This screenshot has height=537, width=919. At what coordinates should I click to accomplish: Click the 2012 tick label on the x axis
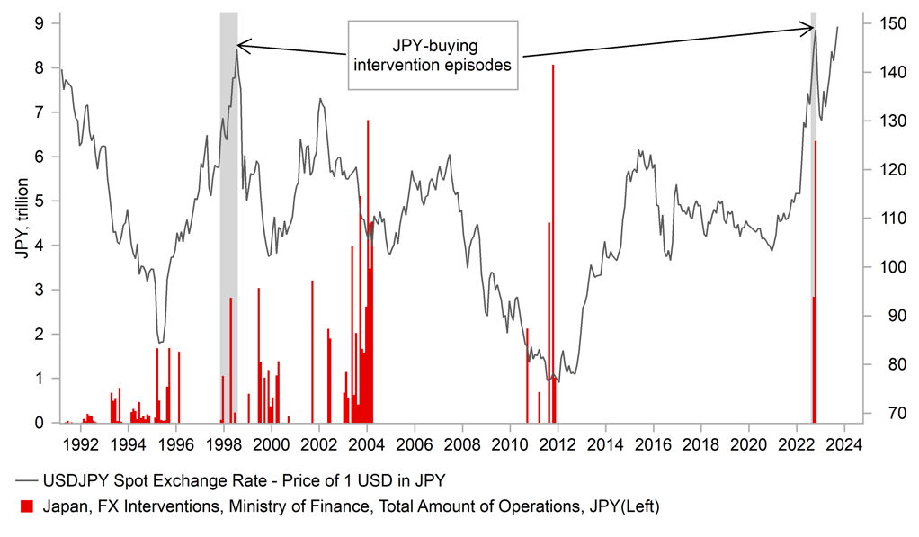coord(558,443)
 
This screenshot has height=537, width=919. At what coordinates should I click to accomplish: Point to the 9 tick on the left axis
coord(39,22)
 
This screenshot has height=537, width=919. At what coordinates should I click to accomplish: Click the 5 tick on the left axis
coord(39,201)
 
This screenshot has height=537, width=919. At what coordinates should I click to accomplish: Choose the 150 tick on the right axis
coord(884,22)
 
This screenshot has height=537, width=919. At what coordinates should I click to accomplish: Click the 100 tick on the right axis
coord(884,267)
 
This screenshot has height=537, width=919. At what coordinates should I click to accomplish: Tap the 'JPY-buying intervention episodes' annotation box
coord(433,55)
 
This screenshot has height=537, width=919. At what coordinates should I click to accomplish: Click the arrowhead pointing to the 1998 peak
coord(241,44)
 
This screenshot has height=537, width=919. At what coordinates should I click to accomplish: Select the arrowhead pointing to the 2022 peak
coord(809,29)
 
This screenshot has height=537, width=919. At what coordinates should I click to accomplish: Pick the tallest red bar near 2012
coord(553,243)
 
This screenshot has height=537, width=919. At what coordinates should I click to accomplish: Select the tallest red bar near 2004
coord(368,270)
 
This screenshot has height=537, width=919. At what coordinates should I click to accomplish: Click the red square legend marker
coord(26,507)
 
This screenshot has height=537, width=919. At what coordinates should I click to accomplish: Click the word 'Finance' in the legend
coord(331,507)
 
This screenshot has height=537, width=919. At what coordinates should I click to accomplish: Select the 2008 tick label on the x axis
coord(461,443)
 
